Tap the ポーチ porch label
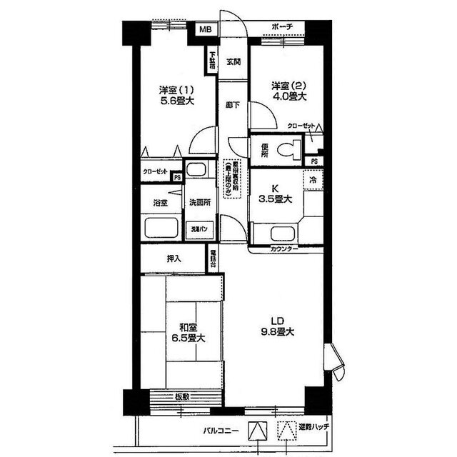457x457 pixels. pyautogui.click(x=283, y=28)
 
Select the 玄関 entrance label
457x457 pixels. pyautogui.click(x=233, y=61)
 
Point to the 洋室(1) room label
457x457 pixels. pyautogui.click(x=176, y=90)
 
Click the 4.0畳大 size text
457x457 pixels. pyautogui.click(x=288, y=97)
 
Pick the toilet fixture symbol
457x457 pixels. pyautogui.click(x=291, y=151)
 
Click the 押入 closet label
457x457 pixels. pyautogui.click(x=173, y=258)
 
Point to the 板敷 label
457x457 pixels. pyautogui.click(x=182, y=397)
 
